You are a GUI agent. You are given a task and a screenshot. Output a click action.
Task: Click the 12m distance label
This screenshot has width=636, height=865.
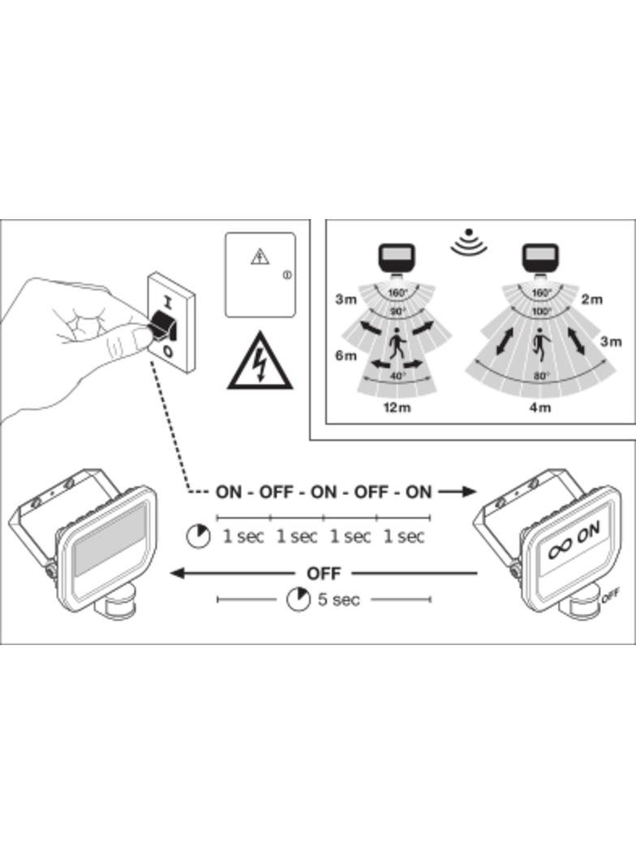[397, 407]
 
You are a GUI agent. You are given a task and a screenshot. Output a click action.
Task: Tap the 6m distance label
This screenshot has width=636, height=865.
[346, 355]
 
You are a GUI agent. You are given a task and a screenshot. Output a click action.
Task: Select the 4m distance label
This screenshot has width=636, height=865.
[539, 407]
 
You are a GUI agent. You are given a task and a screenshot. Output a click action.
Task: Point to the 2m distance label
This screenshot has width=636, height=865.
[591, 299]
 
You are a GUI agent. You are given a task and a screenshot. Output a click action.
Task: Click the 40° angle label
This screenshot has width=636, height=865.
[397, 376]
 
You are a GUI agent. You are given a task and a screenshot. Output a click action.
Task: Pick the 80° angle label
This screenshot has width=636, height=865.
[540, 376]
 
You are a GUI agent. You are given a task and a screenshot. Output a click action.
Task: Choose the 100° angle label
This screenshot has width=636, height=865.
[541, 311]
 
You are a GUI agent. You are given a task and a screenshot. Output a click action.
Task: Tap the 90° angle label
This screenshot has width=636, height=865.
[397, 311]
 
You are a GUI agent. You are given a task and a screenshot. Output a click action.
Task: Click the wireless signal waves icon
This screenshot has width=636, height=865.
[468, 242]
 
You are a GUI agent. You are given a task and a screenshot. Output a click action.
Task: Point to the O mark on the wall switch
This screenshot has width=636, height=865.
[167, 351]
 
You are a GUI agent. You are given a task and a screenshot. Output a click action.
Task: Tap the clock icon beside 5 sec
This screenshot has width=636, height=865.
[299, 600]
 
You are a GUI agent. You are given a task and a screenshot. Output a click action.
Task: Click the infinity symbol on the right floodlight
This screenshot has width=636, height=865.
[561, 550]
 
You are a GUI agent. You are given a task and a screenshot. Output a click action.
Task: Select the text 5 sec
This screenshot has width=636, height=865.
[339, 600]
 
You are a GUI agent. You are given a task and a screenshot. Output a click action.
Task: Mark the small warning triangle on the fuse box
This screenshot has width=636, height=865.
[259, 257]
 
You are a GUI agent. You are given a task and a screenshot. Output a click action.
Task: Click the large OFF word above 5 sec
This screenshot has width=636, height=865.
[324, 573]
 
